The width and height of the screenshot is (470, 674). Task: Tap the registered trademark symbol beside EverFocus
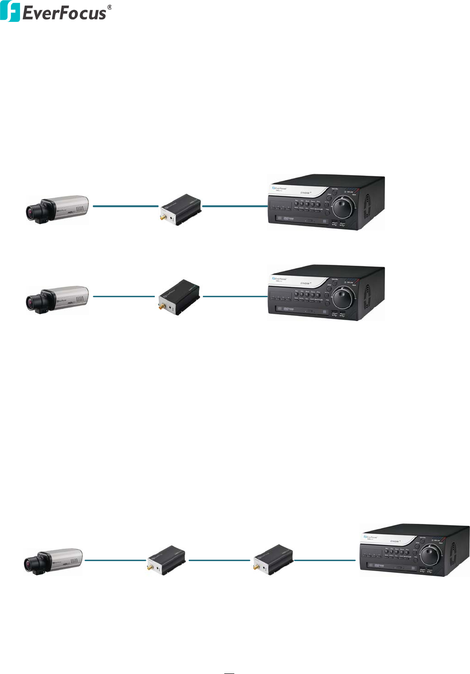click(x=110, y=8)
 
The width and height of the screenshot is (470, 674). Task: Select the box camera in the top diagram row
click(x=57, y=209)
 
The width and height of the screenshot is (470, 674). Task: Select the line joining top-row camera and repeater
click(x=125, y=206)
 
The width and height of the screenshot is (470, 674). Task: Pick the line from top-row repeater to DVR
click(x=235, y=206)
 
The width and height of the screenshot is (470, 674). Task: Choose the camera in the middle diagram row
click(x=57, y=299)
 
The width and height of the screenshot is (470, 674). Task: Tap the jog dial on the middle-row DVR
click(x=343, y=297)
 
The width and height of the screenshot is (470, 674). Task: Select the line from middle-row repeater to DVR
click(x=235, y=296)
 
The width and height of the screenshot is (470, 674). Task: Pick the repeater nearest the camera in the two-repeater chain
click(x=166, y=560)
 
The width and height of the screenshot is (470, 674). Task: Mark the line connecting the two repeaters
click(x=219, y=560)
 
